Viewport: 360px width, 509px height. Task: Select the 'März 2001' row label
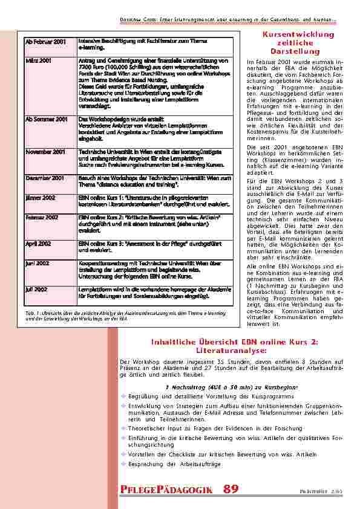[x=39, y=61]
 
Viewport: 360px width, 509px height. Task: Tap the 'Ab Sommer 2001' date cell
[x=46, y=120]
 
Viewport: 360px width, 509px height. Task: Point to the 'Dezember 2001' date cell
[x=45, y=178]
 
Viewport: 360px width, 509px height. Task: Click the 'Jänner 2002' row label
[x=41, y=197]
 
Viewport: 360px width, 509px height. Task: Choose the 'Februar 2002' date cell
[x=42, y=216]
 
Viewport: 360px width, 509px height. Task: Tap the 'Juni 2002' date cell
[x=38, y=264]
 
